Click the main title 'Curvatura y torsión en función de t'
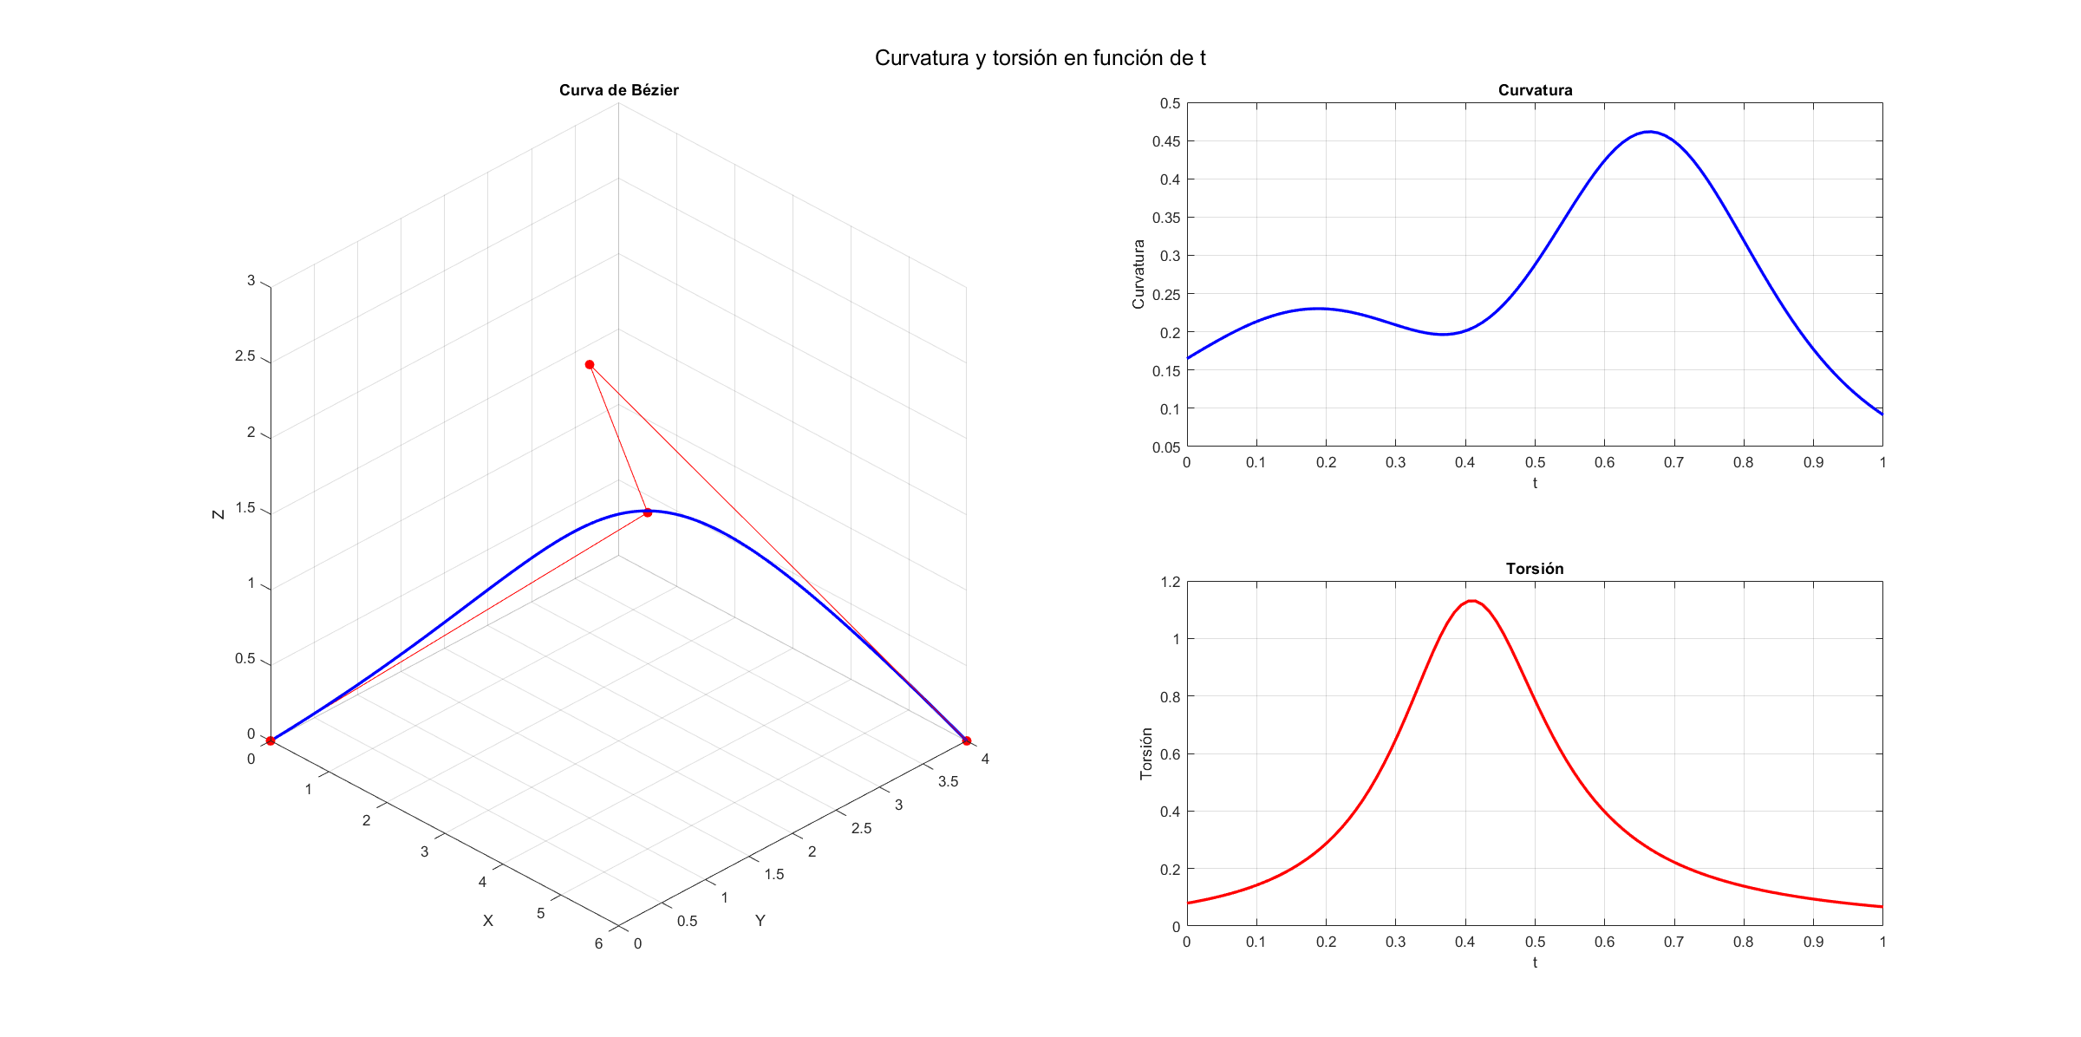[1040, 58]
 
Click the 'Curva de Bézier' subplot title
[618, 90]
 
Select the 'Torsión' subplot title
[1534, 569]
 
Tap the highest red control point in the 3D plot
[590, 365]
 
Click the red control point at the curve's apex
[647, 512]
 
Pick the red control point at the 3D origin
[271, 740]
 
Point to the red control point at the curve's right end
[966, 740]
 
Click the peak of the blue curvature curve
[1649, 132]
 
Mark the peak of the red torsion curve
[1471, 601]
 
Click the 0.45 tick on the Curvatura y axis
[1165, 141]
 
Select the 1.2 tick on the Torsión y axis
[1170, 582]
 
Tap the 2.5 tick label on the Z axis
[245, 356]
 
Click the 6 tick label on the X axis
[598, 943]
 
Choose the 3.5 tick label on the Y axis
[948, 782]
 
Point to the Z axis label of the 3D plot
[219, 514]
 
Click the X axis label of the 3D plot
[488, 921]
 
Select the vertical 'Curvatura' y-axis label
[1138, 274]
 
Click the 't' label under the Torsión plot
[1534, 962]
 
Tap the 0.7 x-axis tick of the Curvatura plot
[1673, 463]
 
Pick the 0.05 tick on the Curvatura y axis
[1165, 447]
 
